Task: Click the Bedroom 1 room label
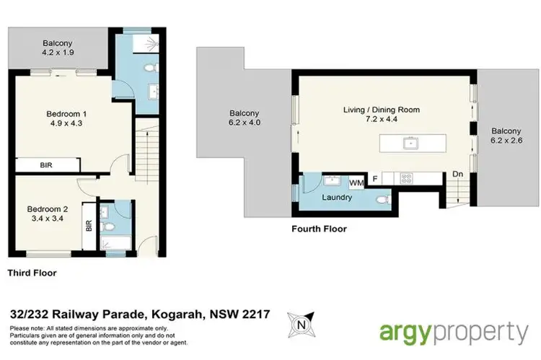tap(66, 115)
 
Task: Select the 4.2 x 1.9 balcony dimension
tap(58, 53)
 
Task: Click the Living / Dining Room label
tap(381, 110)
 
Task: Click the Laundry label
tap(337, 197)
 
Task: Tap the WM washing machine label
tap(356, 183)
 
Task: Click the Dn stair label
tap(457, 174)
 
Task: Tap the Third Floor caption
tap(32, 273)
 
